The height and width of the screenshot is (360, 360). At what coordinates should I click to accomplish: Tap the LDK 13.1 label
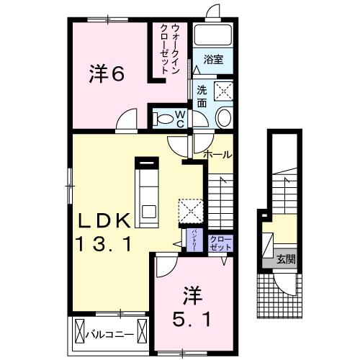click(x=105, y=231)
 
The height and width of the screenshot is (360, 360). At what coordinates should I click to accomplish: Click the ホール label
click(x=217, y=154)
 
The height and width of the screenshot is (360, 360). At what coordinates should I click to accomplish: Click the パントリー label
click(x=194, y=238)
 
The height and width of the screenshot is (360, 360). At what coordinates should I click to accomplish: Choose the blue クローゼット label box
click(x=220, y=243)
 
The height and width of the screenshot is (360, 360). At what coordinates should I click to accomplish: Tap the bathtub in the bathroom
click(x=212, y=35)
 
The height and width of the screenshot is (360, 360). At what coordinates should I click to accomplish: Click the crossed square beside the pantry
click(x=192, y=210)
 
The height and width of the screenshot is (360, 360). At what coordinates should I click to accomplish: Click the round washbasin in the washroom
click(x=223, y=118)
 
